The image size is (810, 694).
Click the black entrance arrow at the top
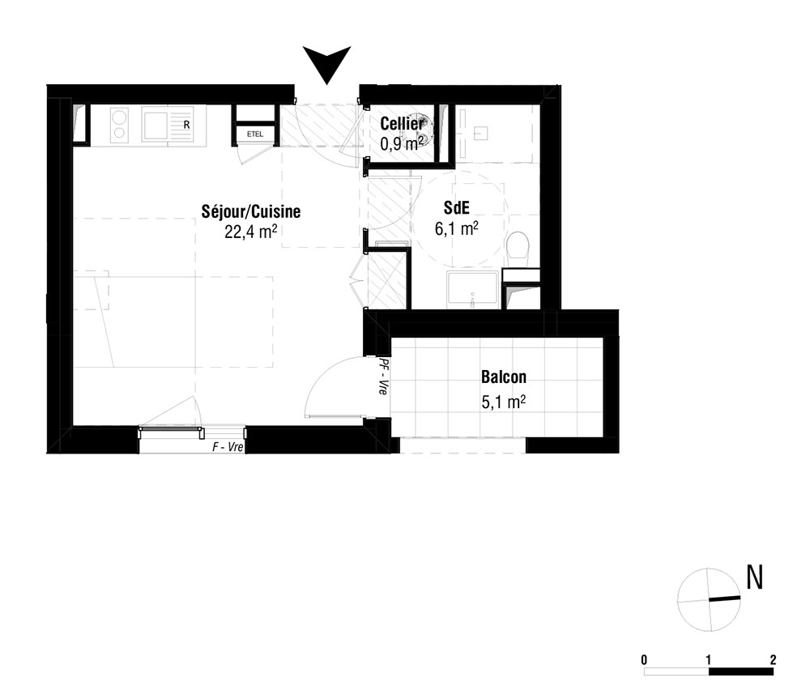click(327, 61)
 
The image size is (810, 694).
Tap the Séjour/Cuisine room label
click(251, 211)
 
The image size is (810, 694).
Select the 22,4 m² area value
click(251, 232)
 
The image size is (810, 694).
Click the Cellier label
click(402, 124)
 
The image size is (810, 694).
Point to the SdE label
click(457, 207)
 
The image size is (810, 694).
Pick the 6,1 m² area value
click(456, 228)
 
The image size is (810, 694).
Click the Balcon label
click(504, 377)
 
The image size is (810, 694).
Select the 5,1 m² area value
click(504, 402)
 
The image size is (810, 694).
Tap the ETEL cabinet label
click(255, 134)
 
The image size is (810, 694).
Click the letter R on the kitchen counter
click(187, 126)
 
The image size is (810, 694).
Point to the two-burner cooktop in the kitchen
click(119, 125)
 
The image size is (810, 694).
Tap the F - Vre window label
click(228, 447)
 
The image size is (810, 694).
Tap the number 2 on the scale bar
click(773, 659)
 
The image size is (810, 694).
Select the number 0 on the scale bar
click(644, 660)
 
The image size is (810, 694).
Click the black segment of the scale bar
click(741, 672)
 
